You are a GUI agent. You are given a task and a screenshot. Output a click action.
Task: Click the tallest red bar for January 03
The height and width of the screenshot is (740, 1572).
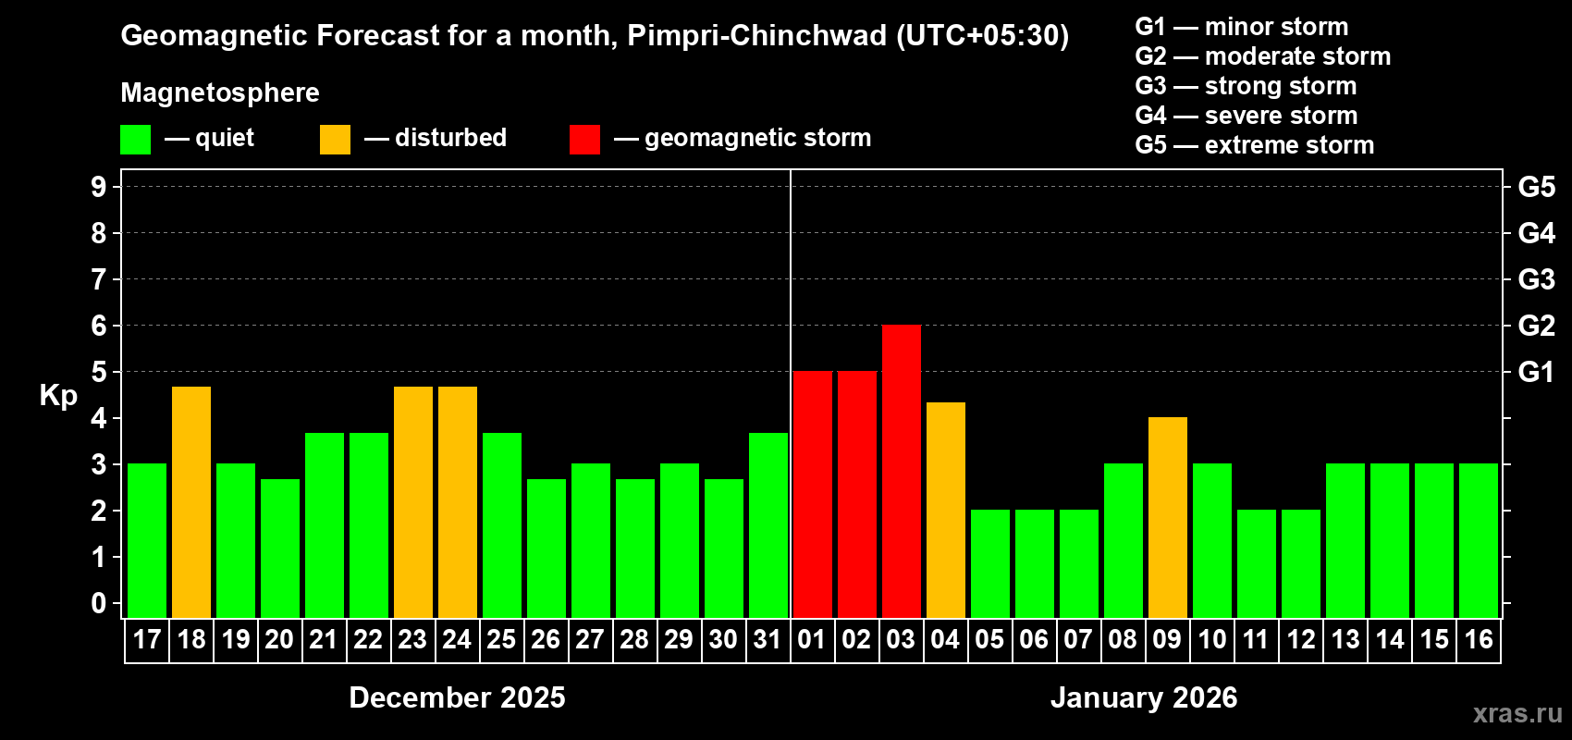click(902, 471)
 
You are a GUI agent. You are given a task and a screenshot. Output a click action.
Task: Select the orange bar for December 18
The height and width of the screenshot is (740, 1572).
click(191, 501)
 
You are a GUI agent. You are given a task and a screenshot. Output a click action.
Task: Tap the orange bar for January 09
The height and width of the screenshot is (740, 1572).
click(1168, 517)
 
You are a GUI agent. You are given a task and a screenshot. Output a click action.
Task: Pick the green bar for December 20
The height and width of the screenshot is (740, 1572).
click(280, 548)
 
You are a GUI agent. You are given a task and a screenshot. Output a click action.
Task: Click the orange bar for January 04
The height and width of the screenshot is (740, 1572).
click(946, 510)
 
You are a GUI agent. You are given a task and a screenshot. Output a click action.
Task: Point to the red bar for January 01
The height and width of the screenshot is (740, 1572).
click(813, 494)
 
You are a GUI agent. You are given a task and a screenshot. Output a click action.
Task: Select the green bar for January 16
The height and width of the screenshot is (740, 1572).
click(1479, 540)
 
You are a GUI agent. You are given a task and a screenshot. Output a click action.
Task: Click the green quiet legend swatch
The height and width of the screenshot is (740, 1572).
click(135, 140)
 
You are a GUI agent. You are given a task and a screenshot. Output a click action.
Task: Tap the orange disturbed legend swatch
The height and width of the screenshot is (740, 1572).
click(335, 140)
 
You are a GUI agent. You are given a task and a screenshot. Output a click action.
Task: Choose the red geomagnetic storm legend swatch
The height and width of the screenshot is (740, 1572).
click(584, 140)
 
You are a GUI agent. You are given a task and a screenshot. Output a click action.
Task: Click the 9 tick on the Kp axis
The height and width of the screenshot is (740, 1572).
click(99, 187)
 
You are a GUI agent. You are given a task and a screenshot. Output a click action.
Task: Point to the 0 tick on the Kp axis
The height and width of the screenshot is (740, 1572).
click(99, 603)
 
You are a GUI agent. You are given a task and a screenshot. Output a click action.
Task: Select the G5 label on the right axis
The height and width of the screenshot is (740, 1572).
click(1536, 187)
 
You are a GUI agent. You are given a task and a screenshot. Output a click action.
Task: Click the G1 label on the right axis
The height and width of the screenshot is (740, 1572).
click(1536, 372)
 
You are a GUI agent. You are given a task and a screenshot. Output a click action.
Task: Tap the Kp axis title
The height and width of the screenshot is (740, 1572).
click(58, 395)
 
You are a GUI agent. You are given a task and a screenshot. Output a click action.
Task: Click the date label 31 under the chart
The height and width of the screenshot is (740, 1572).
click(768, 639)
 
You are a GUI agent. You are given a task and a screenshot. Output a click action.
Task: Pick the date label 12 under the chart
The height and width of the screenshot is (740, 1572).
click(1301, 639)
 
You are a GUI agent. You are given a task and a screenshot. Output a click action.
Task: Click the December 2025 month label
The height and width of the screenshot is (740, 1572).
click(457, 697)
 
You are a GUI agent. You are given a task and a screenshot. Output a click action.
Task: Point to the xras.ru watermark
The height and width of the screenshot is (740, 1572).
click(1517, 712)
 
